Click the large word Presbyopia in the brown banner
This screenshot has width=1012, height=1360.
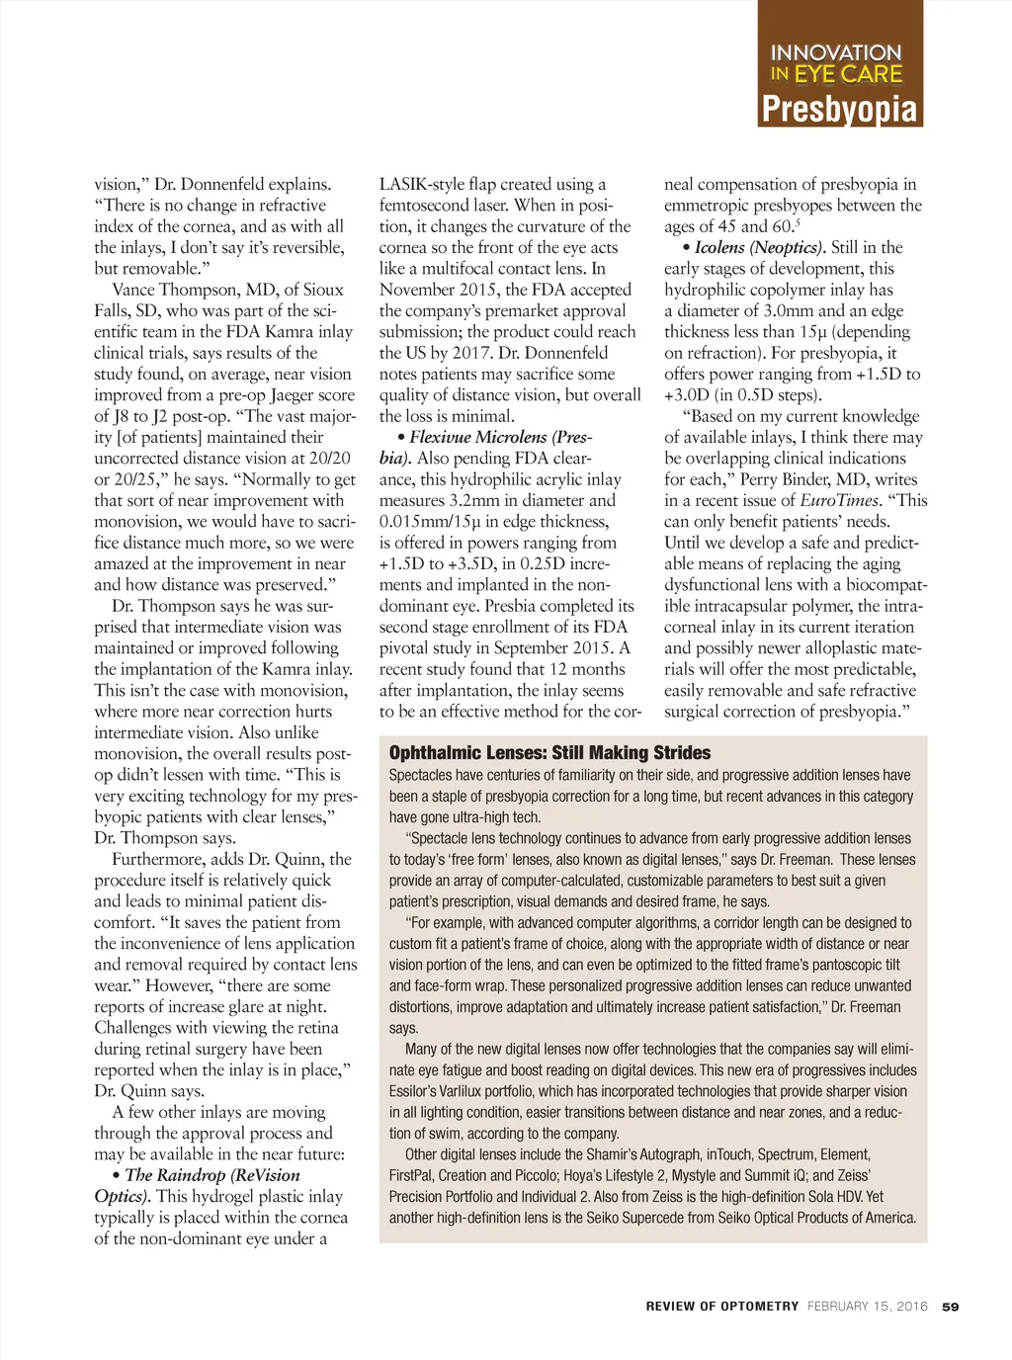(x=840, y=108)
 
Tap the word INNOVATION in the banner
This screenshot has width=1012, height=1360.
(x=836, y=52)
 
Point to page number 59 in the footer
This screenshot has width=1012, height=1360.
(x=950, y=1307)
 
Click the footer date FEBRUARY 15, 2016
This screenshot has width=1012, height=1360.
(x=868, y=1307)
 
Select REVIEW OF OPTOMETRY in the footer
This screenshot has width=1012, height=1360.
(x=722, y=1307)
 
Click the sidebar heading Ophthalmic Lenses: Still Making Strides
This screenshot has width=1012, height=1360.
(x=549, y=753)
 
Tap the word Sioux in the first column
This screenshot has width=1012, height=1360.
(x=323, y=290)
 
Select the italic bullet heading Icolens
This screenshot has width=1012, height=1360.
(x=719, y=247)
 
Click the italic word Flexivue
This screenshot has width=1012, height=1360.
(x=442, y=437)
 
